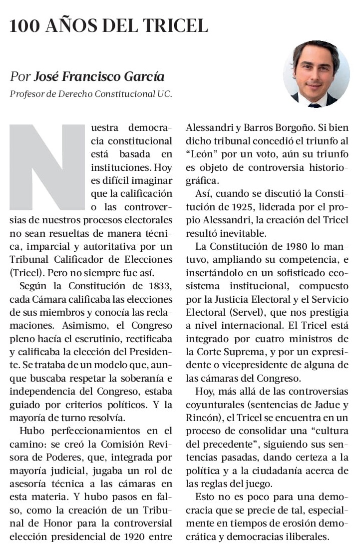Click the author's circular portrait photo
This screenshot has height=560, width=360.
tap(316, 74)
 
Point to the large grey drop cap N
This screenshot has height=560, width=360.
tap(47, 167)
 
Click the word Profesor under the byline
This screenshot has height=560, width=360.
tap(25, 93)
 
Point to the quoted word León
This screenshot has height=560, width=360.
tap(203, 154)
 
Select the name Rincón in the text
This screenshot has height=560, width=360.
tap(202, 418)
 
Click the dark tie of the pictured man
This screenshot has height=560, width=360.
tap(315, 105)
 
